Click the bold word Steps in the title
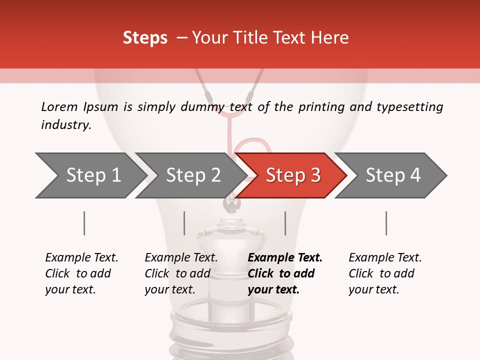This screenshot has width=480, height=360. (145, 38)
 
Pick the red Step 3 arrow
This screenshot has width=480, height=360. (292, 175)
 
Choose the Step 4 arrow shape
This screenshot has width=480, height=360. (393, 175)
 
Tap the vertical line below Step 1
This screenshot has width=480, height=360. (84, 223)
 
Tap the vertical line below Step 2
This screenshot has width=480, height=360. (184, 223)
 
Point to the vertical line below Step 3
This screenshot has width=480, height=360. (285, 223)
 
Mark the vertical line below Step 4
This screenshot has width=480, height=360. (386, 223)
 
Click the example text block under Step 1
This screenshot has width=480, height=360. (81, 273)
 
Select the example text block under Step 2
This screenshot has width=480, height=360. (181, 273)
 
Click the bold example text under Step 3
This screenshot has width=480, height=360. (285, 273)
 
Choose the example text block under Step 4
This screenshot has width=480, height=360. (385, 273)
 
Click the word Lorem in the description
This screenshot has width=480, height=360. (59, 107)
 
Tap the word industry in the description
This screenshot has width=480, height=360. (66, 125)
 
